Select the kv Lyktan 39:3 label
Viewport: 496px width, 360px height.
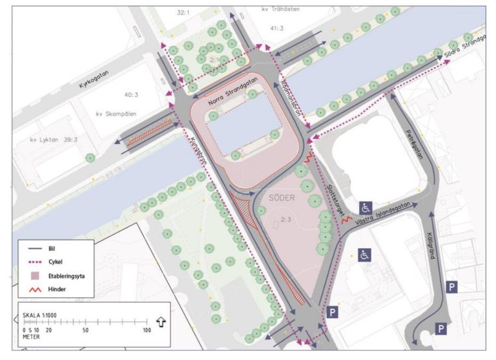point(55,139)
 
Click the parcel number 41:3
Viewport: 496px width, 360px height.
point(278,28)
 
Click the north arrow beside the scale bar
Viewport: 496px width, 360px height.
point(161,321)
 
